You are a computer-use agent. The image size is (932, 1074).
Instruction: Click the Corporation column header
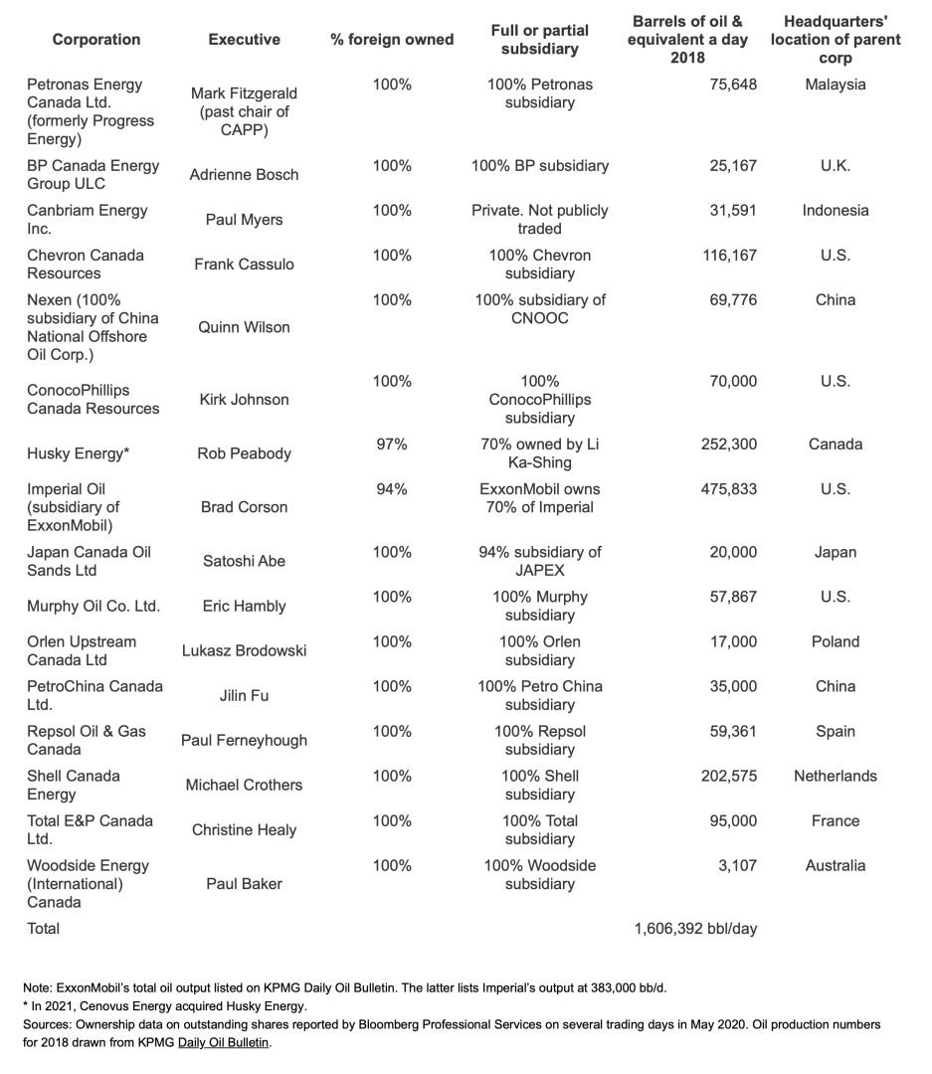(x=96, y=40)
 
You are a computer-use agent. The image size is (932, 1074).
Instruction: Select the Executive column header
(x=244, y=40)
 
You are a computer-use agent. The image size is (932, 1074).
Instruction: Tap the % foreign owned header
(x=392, y=40)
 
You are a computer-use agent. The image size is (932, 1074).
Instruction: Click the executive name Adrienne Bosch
(x=244, y=175)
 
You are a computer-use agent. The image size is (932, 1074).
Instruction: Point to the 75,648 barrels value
(x=728, y=85)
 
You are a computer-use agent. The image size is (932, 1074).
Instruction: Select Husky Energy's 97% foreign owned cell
(x=392, y=445)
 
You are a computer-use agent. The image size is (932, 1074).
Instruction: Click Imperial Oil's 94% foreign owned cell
(x=392, y=489)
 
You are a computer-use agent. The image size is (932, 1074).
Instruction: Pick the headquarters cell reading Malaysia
(x=835, y=85)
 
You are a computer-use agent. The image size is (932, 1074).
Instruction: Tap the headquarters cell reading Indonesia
(x=835, y=210)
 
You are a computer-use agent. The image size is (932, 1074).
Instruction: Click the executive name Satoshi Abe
(x=244, y=561)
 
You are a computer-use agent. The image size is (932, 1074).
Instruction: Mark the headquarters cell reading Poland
(x=835, y=641)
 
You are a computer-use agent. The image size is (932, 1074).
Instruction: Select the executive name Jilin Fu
(x=244, y=696)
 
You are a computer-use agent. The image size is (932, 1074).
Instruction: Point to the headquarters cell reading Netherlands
(x=835, y=776)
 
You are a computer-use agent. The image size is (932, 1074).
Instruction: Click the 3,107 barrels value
(x=737, y=865)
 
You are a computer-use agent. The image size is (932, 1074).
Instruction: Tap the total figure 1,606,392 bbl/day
(x=695, y=929)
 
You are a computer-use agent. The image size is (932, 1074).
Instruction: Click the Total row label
(x=44, y=929)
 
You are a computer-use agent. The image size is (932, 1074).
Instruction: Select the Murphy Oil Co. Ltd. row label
(x=93, y=606)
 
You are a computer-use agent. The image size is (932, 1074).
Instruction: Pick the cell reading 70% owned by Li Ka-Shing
(x=539, y=453)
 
